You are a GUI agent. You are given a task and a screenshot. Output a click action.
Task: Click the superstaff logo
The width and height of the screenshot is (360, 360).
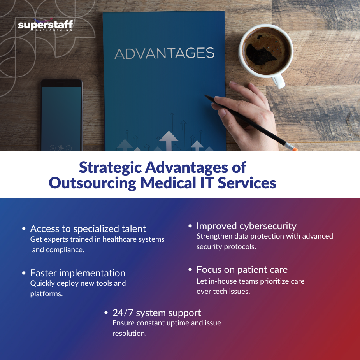click(x=46, y=26)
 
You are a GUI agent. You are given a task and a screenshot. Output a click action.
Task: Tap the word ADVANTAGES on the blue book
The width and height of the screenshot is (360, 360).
click(x=164, y=54)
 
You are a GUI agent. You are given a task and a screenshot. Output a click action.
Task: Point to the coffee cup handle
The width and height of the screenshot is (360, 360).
click(x=278, y=81)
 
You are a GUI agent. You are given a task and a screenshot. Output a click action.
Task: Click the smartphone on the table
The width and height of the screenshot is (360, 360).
click(x=61, y=115)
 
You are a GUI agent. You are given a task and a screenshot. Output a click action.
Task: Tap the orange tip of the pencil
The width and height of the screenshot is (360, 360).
click(x=294, y=148)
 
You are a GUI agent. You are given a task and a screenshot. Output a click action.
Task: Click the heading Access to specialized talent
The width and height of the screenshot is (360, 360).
click(x=88, y=228)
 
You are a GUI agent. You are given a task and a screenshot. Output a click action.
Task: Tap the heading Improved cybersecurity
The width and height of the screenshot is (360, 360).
click(x=246, y=226)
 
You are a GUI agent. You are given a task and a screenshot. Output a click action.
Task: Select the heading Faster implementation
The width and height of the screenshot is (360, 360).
click(x=78, y=273)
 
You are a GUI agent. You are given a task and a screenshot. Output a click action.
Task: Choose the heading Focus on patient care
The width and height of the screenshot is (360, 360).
click(x=242, y=269)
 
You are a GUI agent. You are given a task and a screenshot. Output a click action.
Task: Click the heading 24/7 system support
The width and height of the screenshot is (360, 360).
click(x=157, y=313)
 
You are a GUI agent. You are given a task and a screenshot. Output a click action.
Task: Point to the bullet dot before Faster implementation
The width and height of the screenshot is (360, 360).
click(x=24, y=273)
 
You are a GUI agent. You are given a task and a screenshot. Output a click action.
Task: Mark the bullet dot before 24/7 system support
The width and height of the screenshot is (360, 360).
click(x=106, y=313)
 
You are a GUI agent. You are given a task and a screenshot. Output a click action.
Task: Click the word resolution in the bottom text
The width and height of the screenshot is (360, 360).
click(x=130, y=334)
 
